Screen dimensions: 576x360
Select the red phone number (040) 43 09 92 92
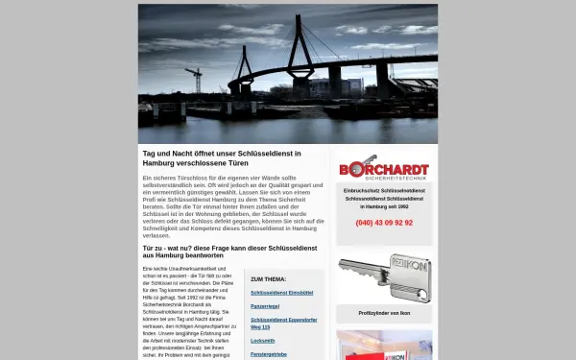click(384, 223)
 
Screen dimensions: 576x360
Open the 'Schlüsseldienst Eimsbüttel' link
click(281, 293)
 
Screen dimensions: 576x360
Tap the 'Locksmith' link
click(262, 341)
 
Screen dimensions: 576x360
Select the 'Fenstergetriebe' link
click(268, 354)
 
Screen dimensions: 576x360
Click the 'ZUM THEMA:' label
click(268, 279)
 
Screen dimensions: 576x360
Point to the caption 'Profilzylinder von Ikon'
click(384, 313)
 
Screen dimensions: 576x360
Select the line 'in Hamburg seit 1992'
click(384, 206)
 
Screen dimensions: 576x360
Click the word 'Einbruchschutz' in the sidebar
click(363, 191)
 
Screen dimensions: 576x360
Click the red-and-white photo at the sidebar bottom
click(384, 345)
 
